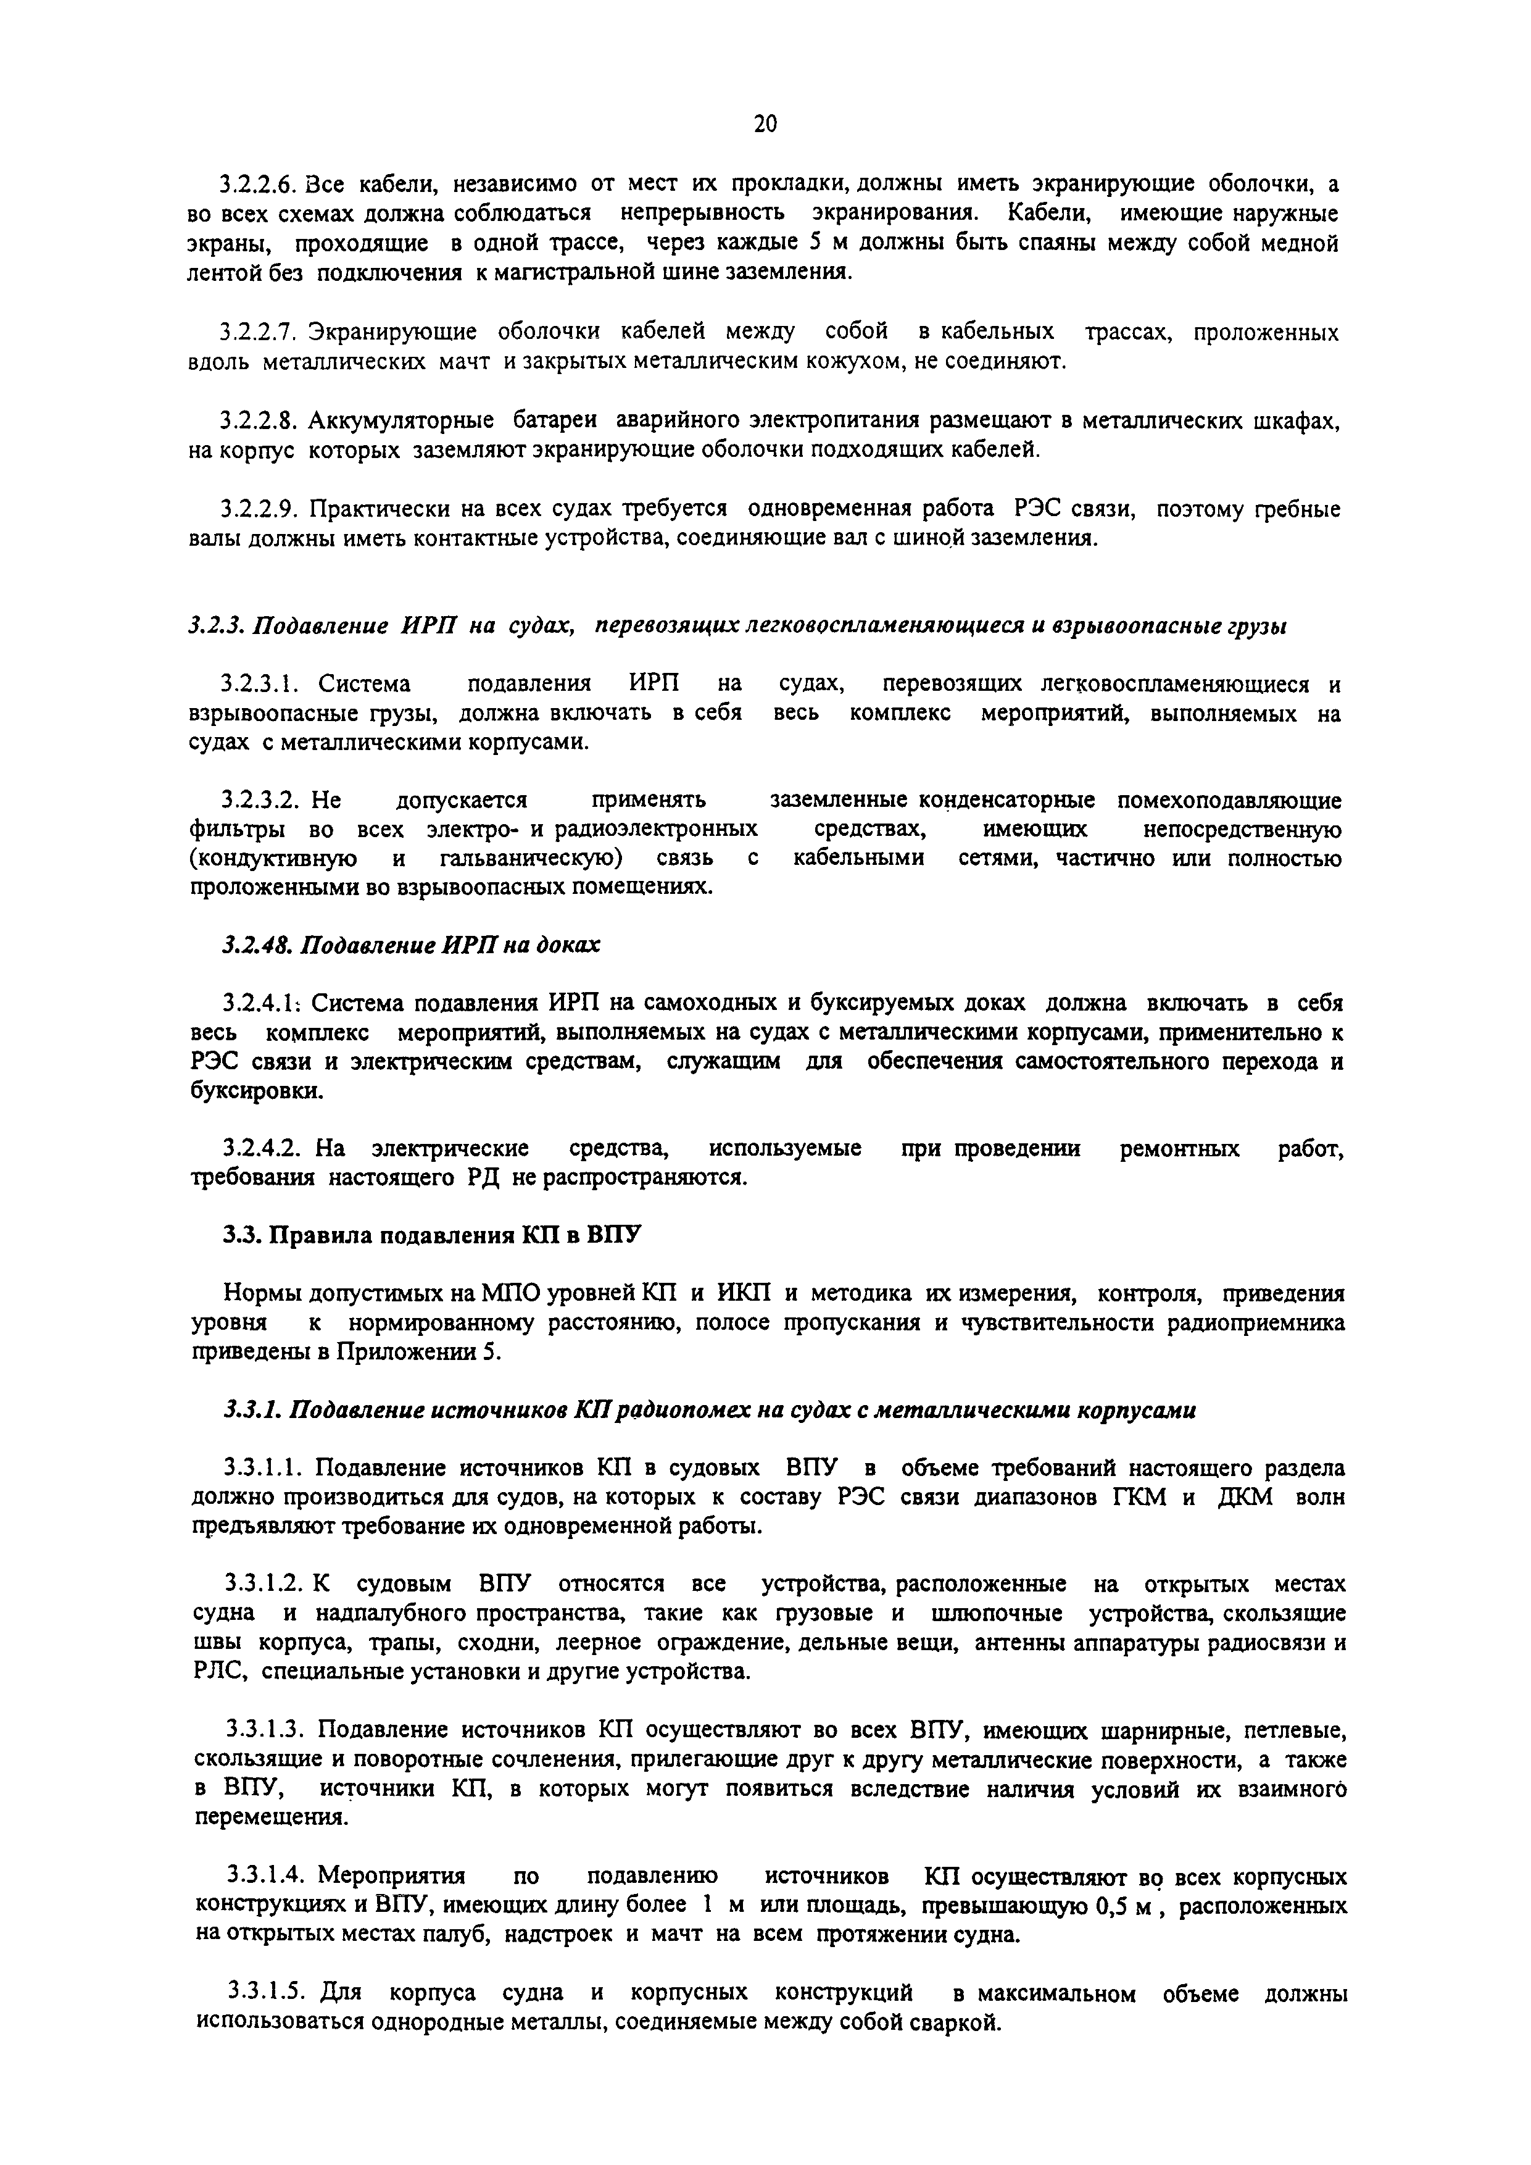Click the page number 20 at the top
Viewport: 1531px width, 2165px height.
(765, 123)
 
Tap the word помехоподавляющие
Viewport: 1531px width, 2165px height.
(1229, 801)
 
